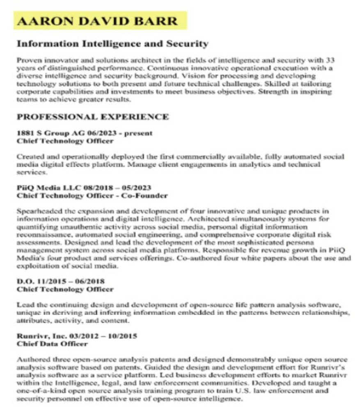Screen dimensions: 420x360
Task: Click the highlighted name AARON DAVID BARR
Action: click(x=98, y=21)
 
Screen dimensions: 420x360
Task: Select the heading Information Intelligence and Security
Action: click(x=112, y=43)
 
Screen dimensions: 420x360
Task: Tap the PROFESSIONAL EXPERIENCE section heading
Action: click(x=92, y=117)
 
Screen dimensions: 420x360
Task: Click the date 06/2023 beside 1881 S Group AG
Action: click(x=99, y=133)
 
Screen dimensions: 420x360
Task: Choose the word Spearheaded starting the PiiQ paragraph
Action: click(x=37, y=211)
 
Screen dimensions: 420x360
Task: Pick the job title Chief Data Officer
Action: click(x=52, y=344)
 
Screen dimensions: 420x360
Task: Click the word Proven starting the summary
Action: click(x=28, y=60)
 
